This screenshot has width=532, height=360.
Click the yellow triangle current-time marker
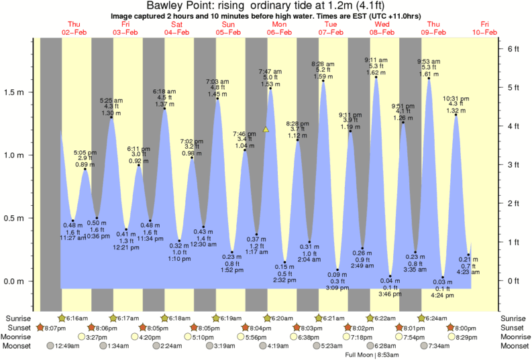[266, 129]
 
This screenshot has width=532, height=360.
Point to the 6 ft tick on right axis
[513, 49]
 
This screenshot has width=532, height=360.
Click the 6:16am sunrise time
[78, 318]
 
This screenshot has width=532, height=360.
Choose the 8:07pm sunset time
[55, 327]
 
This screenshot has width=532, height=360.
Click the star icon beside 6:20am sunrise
[267, 318]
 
